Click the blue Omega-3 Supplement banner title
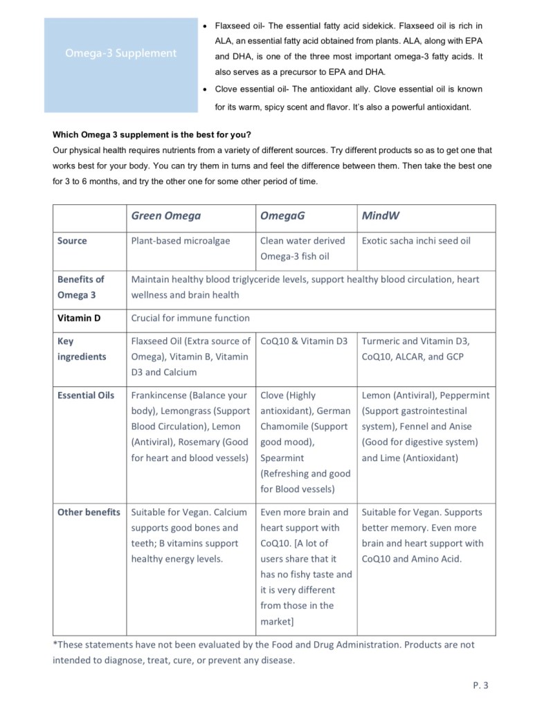click(x=121, y=53)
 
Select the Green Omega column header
click(x=165, y=216)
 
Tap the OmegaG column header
click(x=282, y=216)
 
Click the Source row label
click(x=72, y=241)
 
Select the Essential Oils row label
click(x=86, y=395)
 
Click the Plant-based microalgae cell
click(x=181, y=241)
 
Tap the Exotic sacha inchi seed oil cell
click(x=416, y=241)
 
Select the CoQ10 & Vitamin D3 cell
click(x=304, y=341)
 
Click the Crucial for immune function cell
click(x=190, y=318)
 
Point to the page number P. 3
click(x=480, y=685)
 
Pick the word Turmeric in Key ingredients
click(x=381, y=341)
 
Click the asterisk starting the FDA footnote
click(x=55, y=644)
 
